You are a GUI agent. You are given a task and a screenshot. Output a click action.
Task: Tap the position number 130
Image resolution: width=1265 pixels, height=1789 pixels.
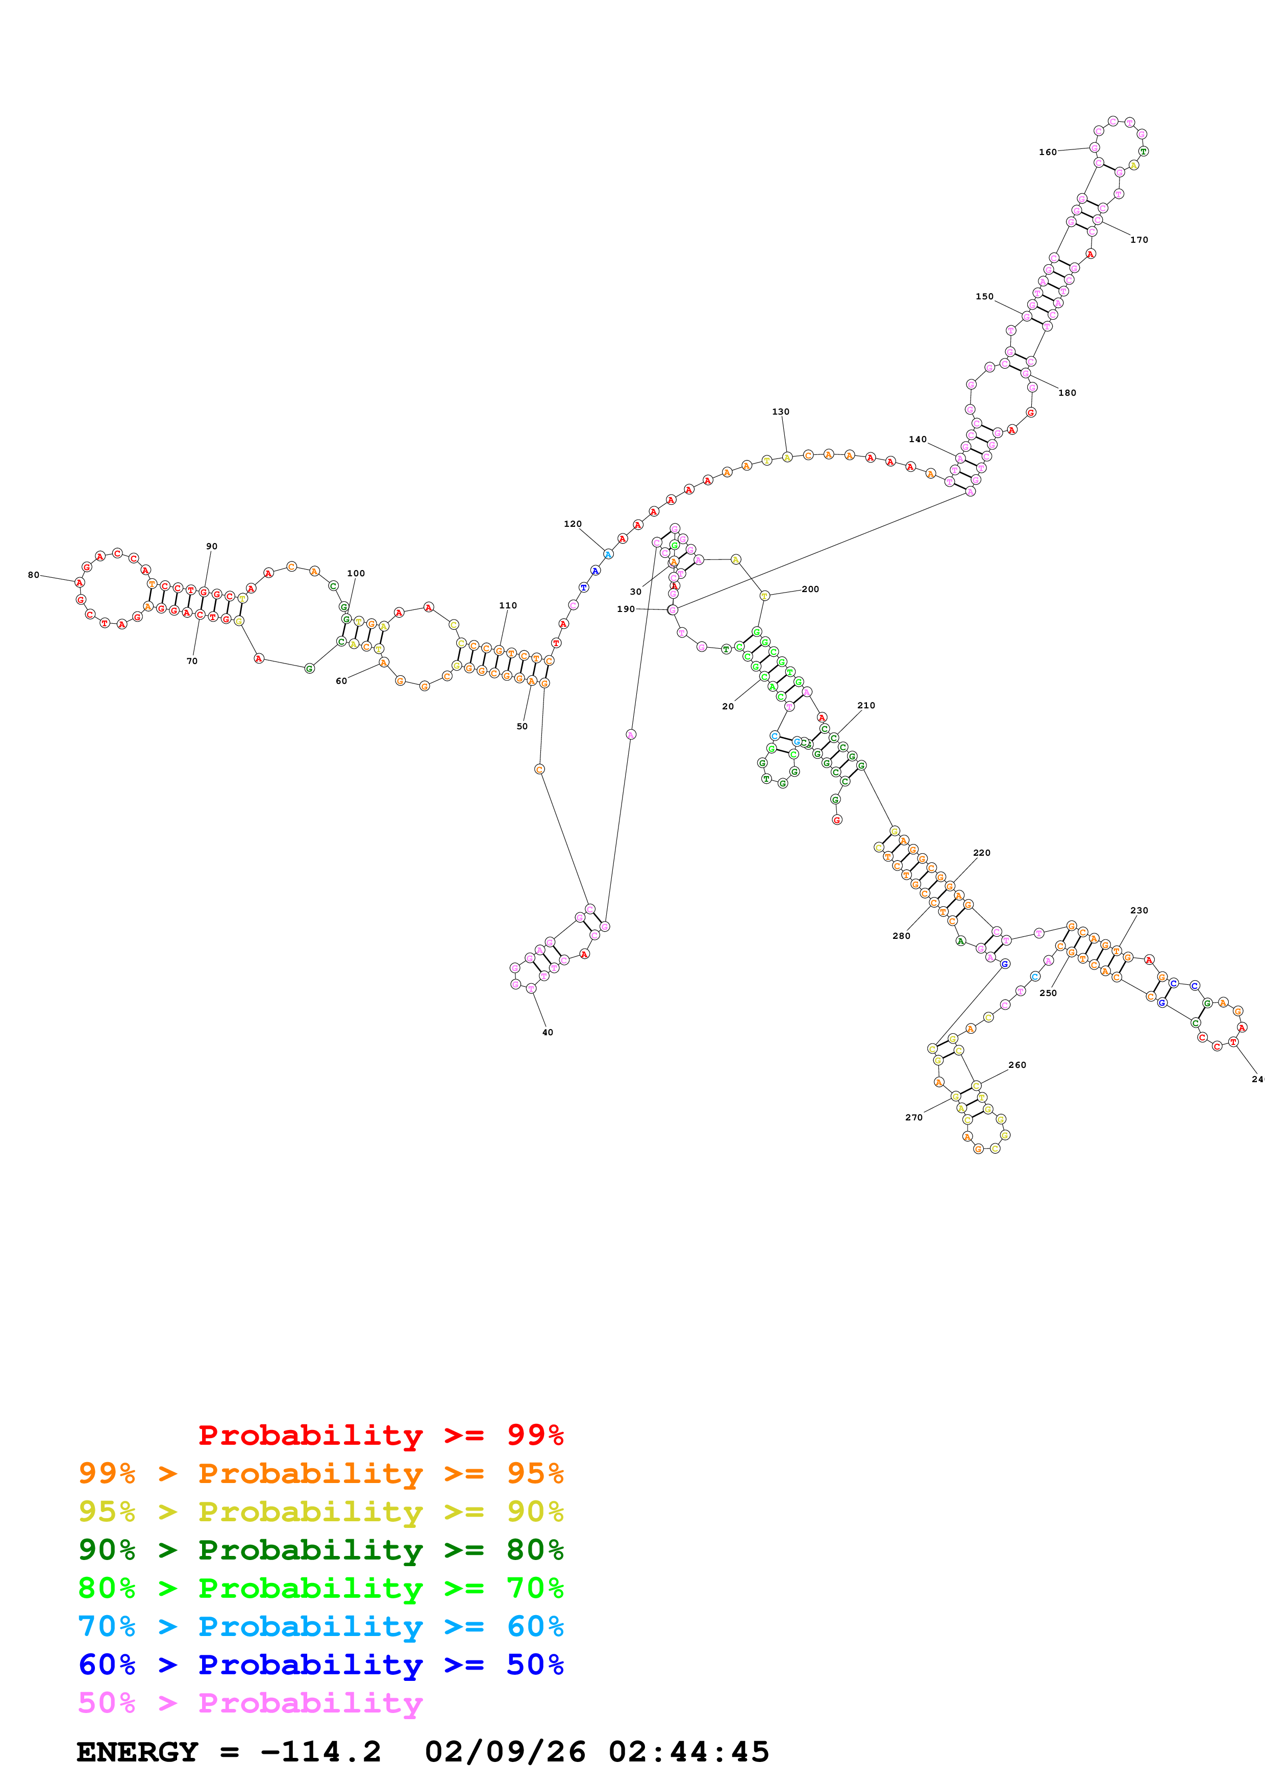(780, 412)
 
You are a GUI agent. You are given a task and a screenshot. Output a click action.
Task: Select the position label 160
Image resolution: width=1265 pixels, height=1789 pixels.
(1048, 152)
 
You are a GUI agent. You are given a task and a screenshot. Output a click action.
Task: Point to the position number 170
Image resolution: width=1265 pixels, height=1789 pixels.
(1139, 240)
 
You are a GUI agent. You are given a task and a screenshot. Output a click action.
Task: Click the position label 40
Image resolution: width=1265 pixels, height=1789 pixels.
(547, 1032)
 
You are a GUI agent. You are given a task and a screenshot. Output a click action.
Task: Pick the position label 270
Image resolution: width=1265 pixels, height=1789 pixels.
(913, 1117)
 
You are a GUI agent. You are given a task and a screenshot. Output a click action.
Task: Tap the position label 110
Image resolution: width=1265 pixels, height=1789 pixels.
(507, 605)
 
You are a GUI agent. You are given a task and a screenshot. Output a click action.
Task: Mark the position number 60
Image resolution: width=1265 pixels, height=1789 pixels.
(340, 681)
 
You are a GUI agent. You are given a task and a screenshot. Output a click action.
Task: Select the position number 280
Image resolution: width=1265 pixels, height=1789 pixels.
(901, 936)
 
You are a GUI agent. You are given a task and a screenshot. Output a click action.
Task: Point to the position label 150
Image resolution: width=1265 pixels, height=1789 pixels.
(984, 296)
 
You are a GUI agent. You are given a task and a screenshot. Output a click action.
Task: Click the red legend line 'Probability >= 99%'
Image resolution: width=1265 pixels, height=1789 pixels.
(380, 1435)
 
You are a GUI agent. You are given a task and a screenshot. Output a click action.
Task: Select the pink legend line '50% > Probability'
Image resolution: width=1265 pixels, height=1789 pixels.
(250, 1702)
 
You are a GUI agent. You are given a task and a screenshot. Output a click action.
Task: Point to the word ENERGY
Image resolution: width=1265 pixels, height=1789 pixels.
(137, 1752)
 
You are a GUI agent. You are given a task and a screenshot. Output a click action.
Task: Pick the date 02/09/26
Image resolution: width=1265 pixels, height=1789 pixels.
(505, 1752)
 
